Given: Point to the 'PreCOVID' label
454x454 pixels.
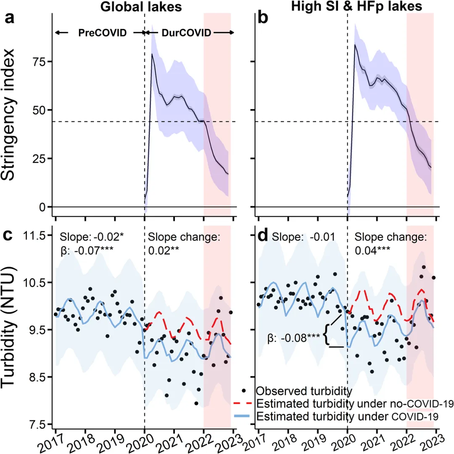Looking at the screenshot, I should [x=102, y=33].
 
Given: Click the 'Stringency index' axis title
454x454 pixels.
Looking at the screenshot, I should [x=11, y=115].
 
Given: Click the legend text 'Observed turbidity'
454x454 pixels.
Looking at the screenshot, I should [x=304, y=391].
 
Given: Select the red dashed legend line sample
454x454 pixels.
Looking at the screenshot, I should [x=243, y=403].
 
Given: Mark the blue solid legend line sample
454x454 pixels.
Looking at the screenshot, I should [x=243, y=417].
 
